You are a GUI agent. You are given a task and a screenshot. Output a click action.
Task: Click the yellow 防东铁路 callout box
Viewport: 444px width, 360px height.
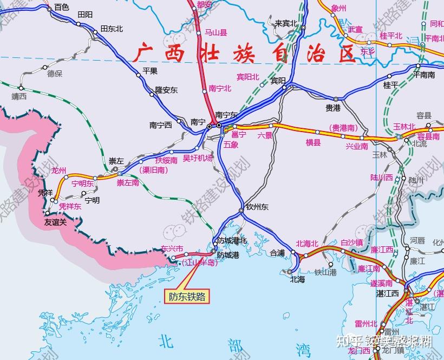tap(187, 296)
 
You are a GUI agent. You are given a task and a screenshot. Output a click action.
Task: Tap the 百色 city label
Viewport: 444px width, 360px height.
tap(62, 7)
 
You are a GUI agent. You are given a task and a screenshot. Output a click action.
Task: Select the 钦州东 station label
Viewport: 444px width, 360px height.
tap(257, 207)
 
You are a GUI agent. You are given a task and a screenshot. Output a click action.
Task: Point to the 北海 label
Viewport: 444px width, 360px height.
tap(297, 279)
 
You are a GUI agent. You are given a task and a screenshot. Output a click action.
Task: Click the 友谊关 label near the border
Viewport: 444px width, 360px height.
tap(55, 221)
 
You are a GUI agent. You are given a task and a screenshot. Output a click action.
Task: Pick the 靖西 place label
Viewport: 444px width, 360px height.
tap(19, 97)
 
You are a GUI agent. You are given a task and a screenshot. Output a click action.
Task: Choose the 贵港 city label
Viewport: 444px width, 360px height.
tap(332, 108)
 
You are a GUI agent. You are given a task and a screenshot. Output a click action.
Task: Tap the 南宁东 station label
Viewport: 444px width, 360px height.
tap(226, 115)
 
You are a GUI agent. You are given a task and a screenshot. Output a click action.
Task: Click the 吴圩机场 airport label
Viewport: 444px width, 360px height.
tap(198, 158)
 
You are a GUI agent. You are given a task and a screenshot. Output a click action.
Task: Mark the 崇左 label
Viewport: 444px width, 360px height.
tap(116, 161)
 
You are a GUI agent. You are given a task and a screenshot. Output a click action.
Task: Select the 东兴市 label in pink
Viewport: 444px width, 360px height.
tap(172, 249)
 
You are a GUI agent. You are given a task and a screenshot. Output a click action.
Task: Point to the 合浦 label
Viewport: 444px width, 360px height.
tap(277, 252)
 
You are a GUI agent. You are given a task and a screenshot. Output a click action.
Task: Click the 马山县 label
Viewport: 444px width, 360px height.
tap(216, 32)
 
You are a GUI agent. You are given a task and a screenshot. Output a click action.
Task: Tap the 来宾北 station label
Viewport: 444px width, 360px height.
tap(286, 23)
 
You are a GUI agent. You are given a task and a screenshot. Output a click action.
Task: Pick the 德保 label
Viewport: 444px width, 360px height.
tap(55, 73)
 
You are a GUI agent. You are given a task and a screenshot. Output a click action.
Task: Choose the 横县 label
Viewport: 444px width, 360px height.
tap(313, 143)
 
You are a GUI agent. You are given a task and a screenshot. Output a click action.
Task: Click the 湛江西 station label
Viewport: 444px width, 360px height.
tap(387, 293)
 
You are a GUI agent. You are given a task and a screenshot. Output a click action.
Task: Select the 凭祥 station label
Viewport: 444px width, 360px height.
tap(45, 193)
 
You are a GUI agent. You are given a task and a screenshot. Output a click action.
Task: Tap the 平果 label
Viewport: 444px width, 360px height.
tap(149, 70)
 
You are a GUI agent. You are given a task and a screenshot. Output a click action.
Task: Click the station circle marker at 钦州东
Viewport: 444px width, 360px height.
tap(241, 210)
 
